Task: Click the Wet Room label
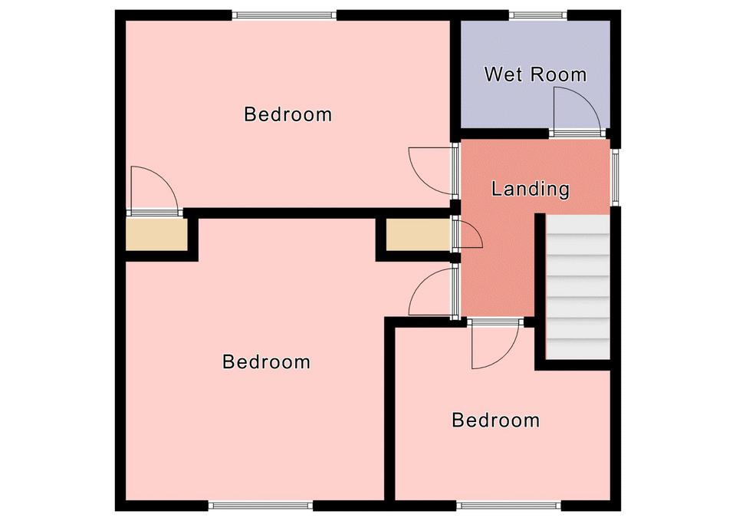point(535,74)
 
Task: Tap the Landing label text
point(531,189)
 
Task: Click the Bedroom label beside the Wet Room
point(287,114)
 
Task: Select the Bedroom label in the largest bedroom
point(266,361)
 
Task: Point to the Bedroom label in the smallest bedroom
point(496,420)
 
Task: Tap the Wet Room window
point(538,15)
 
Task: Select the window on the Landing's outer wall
point(616,177)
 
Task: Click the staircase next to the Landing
point(578,287)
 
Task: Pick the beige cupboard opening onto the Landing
point(419,235)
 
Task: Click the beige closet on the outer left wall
point(156,234)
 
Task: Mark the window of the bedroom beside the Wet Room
point(285,15)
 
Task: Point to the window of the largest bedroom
point(261,506)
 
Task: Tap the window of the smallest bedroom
point(509,506)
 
